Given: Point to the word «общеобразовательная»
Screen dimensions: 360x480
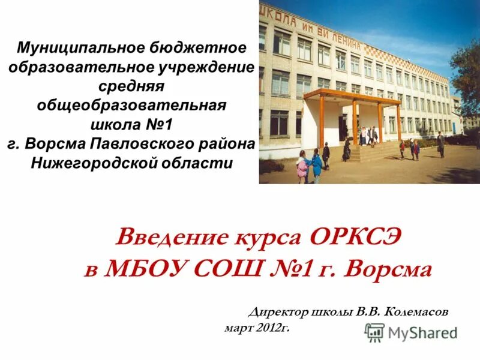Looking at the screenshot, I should (131, 106).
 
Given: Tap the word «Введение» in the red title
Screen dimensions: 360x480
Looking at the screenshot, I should (170, 238).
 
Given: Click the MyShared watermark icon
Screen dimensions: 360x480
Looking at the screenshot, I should (375, 332).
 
